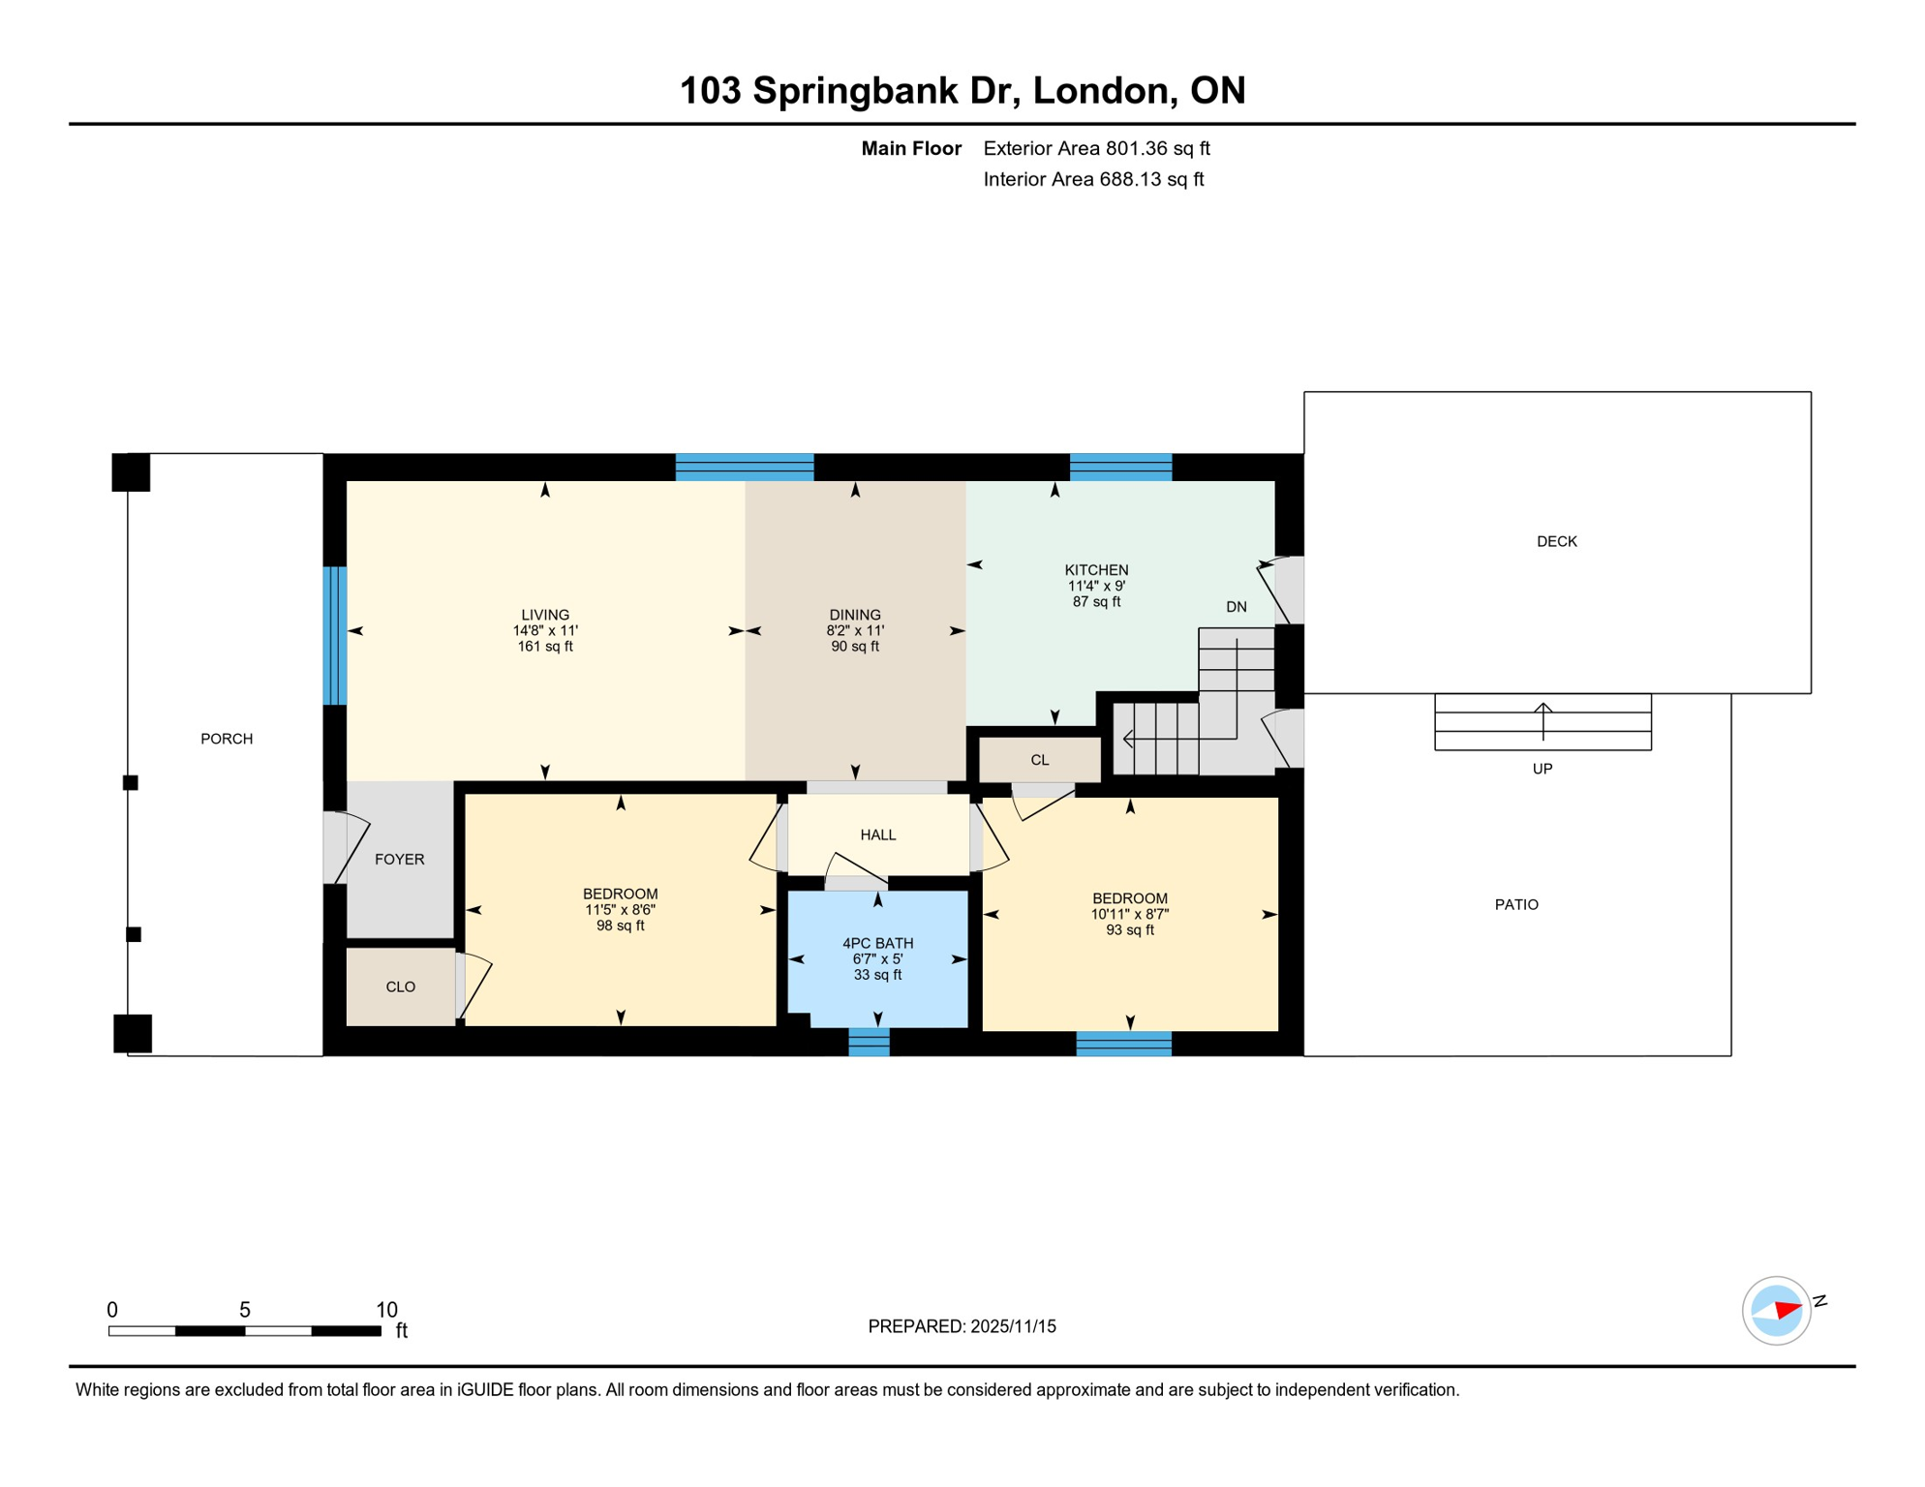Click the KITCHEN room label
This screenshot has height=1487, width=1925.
[1096, 570]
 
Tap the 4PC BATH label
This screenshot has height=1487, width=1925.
[877, 943]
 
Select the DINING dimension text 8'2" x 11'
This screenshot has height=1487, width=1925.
[854, 630]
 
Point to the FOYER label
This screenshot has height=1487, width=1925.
[399, 859]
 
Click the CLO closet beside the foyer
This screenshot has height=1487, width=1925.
[400, 986]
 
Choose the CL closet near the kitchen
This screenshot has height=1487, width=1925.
[1039, 760]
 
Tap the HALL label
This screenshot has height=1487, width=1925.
[877, 835]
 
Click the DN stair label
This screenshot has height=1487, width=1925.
[1236, 607]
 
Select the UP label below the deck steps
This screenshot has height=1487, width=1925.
[1542, 769]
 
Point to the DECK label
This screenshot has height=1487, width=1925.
[1556, 541]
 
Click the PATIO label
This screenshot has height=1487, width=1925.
[1515, 904]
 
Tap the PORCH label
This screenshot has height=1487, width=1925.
[227, 739]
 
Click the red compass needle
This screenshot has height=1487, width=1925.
[1787, 1311]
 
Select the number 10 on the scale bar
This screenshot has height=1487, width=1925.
[386, 1310]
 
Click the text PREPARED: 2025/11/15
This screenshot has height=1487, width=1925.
[962, 1326]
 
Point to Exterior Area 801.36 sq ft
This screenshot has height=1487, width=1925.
[1096, 148]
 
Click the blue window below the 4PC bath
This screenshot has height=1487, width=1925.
[869, 1042]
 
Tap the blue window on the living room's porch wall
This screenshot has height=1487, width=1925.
[334, 635]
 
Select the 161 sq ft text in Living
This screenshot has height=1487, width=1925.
[544, 647]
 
